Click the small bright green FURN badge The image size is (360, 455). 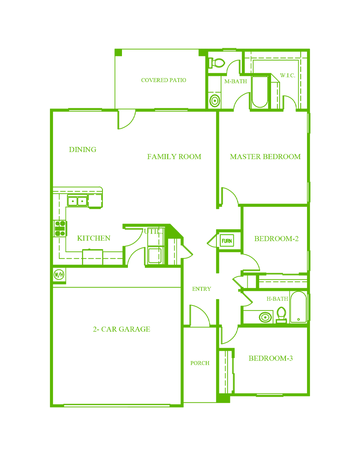tap(228, 241)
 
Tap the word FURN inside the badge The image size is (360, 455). tap(227, 241)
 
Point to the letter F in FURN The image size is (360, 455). tap(223, 241)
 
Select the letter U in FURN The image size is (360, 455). tap(225, 241)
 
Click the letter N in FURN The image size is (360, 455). tap(231, 241)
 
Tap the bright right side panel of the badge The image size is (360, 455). tap(235, 241)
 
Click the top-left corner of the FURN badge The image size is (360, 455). tap(219, 234)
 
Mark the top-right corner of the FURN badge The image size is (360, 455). tap(237, 234)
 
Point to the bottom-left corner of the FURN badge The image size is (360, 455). tap(219, 247)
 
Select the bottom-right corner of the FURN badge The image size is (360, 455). tap(237, 247)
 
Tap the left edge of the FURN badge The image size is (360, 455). tap(219, 241)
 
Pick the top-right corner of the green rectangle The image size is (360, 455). tap(310, 48)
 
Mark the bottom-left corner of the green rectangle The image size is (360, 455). tap(50, 407)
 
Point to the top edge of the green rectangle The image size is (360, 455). tap(180, 48)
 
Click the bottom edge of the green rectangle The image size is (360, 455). tap(180, 407)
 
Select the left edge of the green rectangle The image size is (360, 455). tap(50, 227)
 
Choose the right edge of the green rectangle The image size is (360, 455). tap(310, 227)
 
